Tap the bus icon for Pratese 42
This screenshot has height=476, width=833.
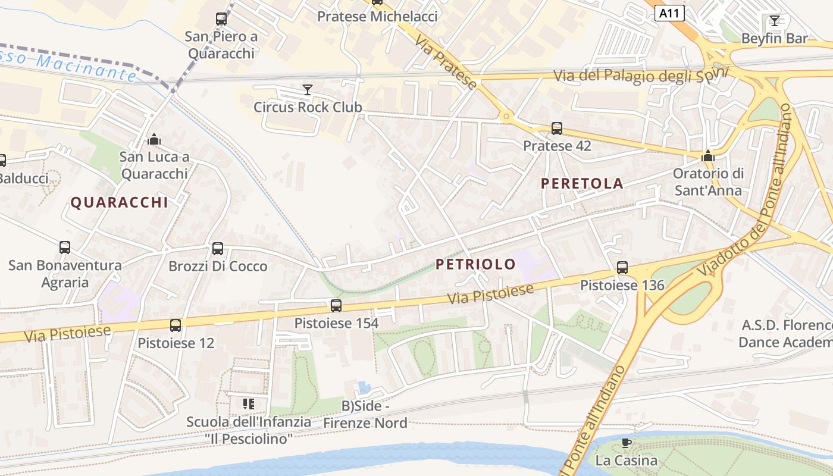pos(557,128)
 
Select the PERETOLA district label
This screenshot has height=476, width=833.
pos(582,183)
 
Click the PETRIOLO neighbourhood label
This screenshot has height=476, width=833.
pos(475,264)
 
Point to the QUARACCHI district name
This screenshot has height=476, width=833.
pos(120,202)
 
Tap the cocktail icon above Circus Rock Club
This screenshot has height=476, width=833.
pos(307,90)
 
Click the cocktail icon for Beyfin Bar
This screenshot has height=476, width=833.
pos(774,21)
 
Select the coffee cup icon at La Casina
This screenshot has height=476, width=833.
pos(626,443)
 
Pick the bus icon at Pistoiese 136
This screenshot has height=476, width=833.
pos(622,268)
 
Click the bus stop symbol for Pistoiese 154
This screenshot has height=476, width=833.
pos(336,306)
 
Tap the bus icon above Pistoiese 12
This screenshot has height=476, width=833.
pos(176,325)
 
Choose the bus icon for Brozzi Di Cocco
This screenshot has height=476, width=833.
pos(218,249)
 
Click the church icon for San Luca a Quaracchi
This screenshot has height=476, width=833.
pos(154,140)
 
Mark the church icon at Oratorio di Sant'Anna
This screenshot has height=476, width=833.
pos(708,156)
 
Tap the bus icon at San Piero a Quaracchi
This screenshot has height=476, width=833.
pos(221,19)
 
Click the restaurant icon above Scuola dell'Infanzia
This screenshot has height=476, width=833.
pos(249,404)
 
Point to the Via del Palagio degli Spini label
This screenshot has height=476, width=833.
pos(641,76)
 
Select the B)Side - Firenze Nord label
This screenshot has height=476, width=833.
pos(365,415)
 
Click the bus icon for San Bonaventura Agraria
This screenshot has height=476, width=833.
pos(65,248)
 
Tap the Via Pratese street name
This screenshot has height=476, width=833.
pos(446,62)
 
